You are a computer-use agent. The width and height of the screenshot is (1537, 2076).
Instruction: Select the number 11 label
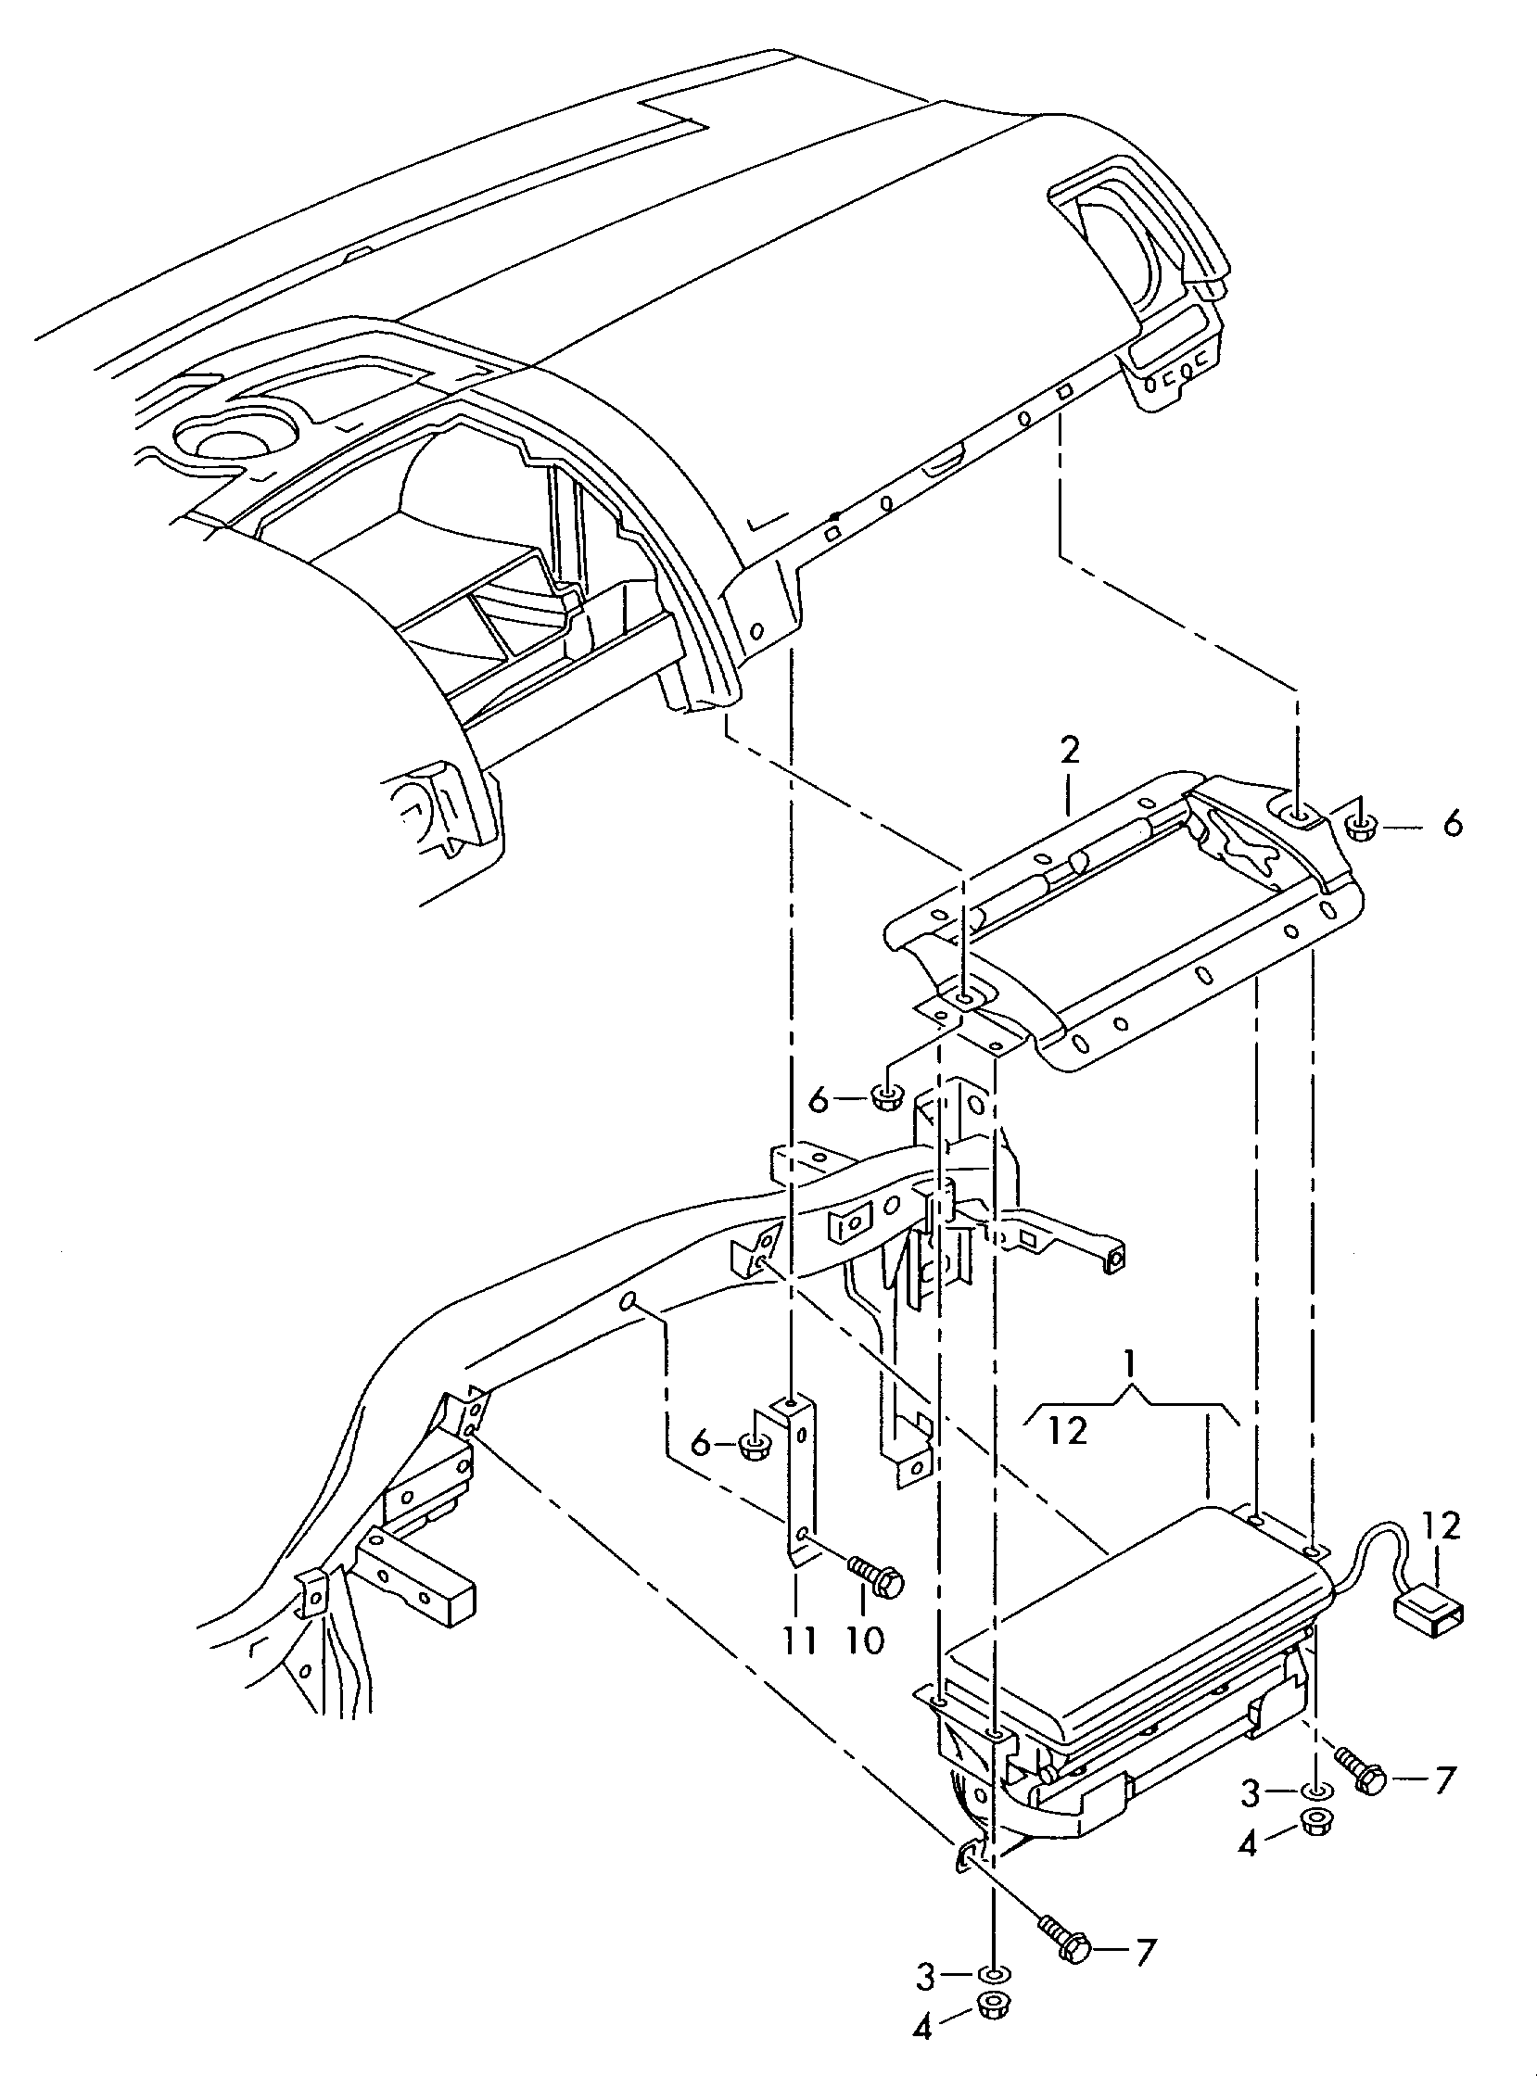(799, 1639)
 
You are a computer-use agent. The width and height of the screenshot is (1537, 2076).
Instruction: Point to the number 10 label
(865, 1639)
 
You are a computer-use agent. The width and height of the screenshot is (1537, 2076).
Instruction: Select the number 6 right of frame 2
(1452, 824)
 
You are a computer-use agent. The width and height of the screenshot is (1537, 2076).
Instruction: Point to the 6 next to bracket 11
(702, 1444)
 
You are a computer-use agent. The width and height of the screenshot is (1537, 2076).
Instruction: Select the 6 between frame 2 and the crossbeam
(818, 1100)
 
